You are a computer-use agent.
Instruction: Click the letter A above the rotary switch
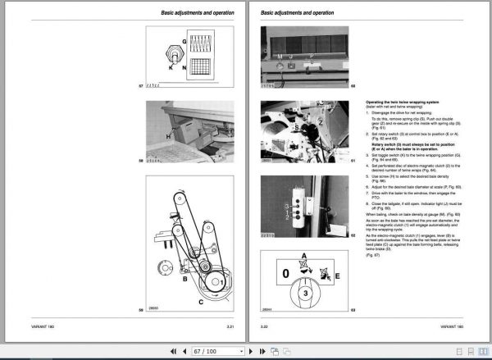pos(305,256)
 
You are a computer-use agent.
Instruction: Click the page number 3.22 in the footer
pos(266,327)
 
